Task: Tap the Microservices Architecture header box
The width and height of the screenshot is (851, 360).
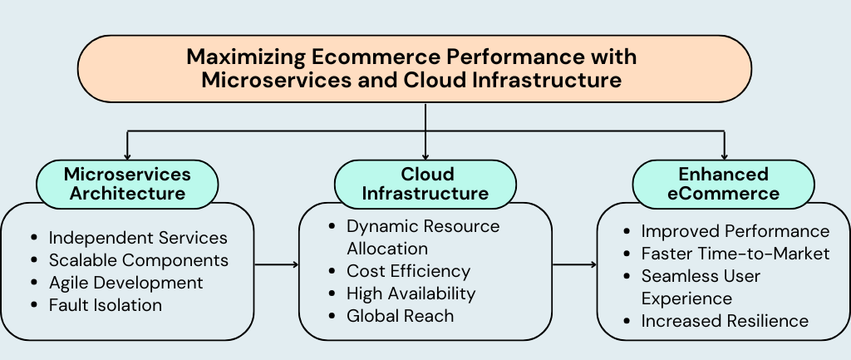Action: coord(127,184)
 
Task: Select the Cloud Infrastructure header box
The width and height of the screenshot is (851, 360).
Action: coord(425,184)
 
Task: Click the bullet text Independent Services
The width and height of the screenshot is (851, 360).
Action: coord(138,238)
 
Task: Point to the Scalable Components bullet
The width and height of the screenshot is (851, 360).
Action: coord(138,260)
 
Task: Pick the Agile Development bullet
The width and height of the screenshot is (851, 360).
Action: coord(125,283)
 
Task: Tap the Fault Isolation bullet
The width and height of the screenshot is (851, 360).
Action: coord(105,305)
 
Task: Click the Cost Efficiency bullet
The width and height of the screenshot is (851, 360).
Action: coord(408,271)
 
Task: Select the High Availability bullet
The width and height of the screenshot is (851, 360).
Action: coord(411,293)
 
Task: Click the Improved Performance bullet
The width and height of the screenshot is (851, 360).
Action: coord(735,231)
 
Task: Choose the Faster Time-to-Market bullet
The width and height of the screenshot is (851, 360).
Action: coord(735,254)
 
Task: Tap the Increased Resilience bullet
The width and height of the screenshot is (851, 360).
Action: coord(725,321)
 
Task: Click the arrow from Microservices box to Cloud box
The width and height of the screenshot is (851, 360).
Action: coord(276,265)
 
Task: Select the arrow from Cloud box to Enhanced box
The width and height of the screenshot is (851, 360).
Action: coord(574,265)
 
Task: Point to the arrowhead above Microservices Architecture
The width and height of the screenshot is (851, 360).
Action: coord(127,155)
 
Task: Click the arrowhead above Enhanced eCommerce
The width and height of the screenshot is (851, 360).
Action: coord(725,155)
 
